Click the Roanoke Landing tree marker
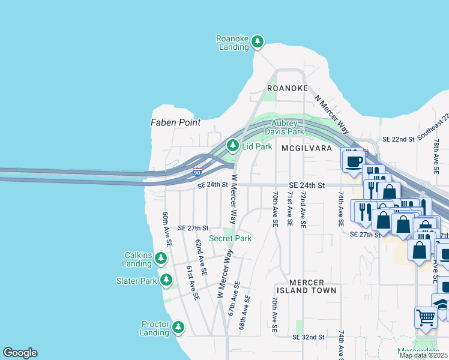[x=258, y=41]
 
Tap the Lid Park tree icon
[x=233, y=146]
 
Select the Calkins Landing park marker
[x=160, y=259]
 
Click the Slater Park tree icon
[x=166, y=280]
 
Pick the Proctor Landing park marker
[x=178, y=327]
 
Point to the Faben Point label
[x=175, y=122]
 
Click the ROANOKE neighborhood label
[x=288, y=88]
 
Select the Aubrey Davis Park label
[x=285, y=127]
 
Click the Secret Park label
[x=230, y=238]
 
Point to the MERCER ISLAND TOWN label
[x=307, y=286]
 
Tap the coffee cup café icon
[x=353, y=160]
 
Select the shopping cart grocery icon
[x=426, y=317]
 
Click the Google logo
[x=20, y=353]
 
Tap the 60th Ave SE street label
[x=167, y=230]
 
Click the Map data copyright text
[x=424, y=355]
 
